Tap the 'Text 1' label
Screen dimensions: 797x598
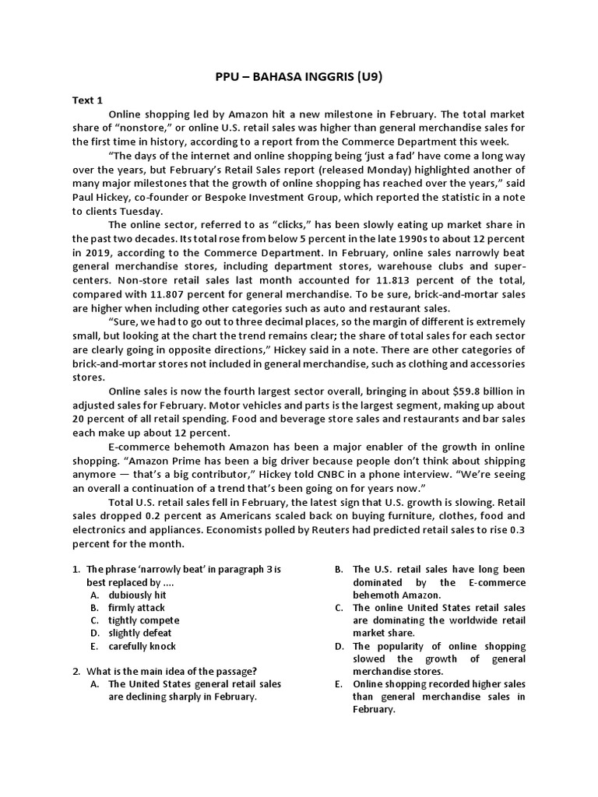87,100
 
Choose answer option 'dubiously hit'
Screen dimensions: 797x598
139,595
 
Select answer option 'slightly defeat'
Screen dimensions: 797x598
140,634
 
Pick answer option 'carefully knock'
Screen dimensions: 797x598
142,646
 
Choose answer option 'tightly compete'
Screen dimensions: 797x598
144,620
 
